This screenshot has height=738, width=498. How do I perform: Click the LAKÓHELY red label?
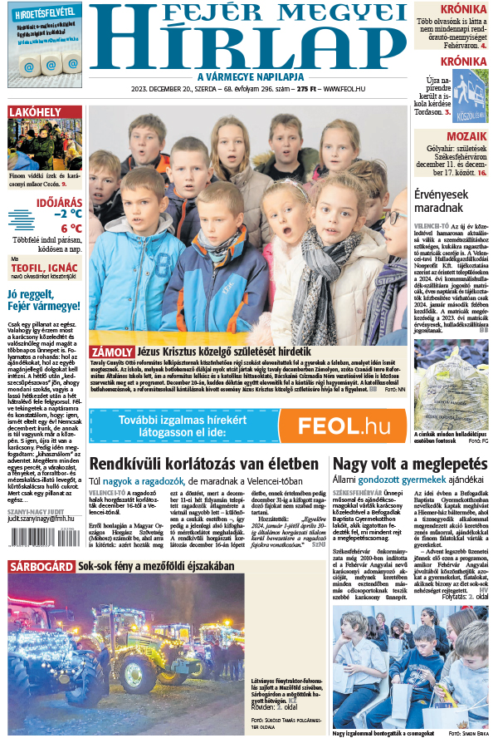[x=34, y=113]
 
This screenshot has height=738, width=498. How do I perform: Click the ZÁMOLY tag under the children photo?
[x=110, y=352]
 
